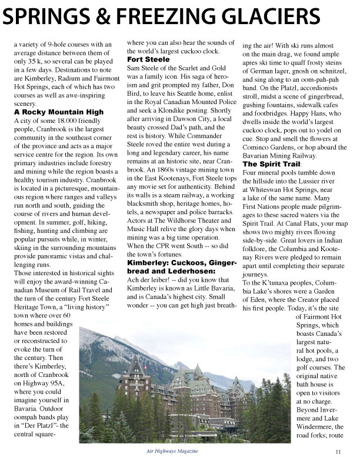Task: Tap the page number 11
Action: [339, 451]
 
